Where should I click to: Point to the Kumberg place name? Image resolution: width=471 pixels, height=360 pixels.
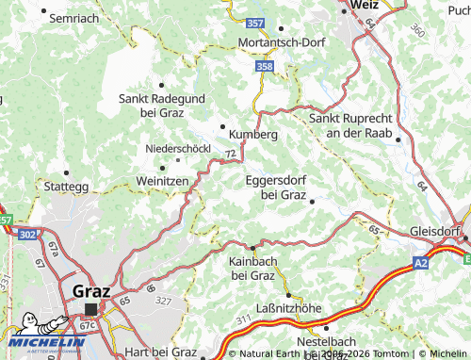click(x=253, y=135)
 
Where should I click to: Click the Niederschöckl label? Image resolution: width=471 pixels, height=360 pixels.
click(x=177, y=148)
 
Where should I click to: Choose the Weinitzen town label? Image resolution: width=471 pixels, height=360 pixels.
click(x=163, y=180)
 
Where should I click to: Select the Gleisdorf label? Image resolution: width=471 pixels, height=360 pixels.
click(x=440, y=231)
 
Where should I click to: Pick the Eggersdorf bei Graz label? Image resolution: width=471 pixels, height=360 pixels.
click(x=277, y=188)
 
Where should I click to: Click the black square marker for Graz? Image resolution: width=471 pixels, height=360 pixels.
click(x=91, y=308)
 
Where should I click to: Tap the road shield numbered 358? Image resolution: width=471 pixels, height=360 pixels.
click(x=265, y=67)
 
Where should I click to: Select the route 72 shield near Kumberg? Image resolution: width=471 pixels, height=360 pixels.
click(x=231, y=152)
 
